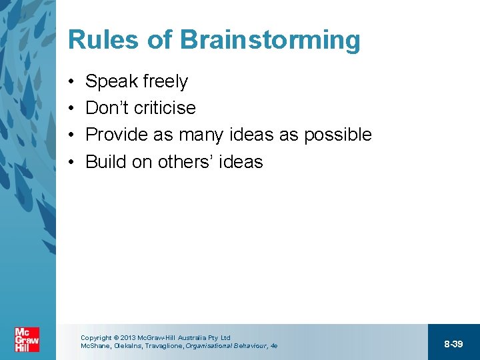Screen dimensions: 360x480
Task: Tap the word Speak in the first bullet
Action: (110, 82)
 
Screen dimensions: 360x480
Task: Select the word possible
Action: (337, 135)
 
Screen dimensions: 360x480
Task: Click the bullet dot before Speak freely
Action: (71, 82)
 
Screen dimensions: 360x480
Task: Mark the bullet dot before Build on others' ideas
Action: (71, 162)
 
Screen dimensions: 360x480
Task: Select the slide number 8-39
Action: (453, 344)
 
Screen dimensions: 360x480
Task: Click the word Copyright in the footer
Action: (95, 338)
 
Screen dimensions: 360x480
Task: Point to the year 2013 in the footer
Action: (127, 338)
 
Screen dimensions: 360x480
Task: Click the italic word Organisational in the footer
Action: (207, 346)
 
